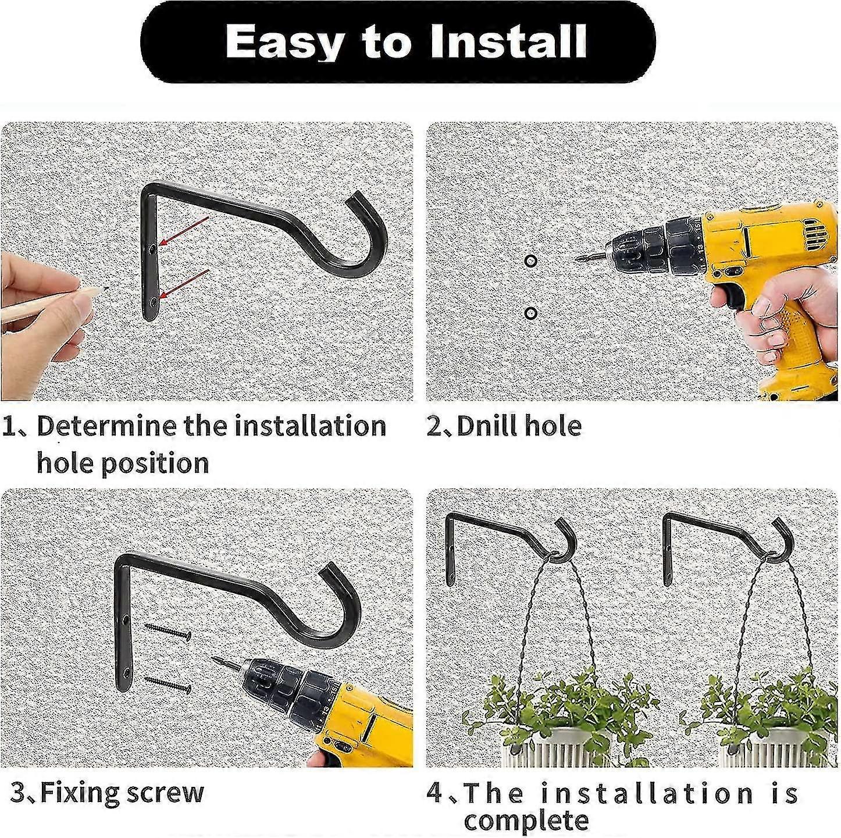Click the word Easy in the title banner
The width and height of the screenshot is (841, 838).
[283, 43]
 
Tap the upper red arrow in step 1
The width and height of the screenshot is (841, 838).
[184, 230]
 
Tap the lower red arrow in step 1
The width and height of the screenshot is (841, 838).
[184, 284]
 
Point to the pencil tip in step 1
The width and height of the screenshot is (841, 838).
[106, 288]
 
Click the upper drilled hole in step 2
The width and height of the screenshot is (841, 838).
[530, 261]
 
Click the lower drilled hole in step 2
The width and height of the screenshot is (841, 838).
[530, 313]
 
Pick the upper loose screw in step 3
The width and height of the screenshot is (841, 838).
[168, 630]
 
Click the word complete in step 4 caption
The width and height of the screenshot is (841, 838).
[526, 820]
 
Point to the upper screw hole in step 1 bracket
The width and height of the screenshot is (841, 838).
[151, 248]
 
